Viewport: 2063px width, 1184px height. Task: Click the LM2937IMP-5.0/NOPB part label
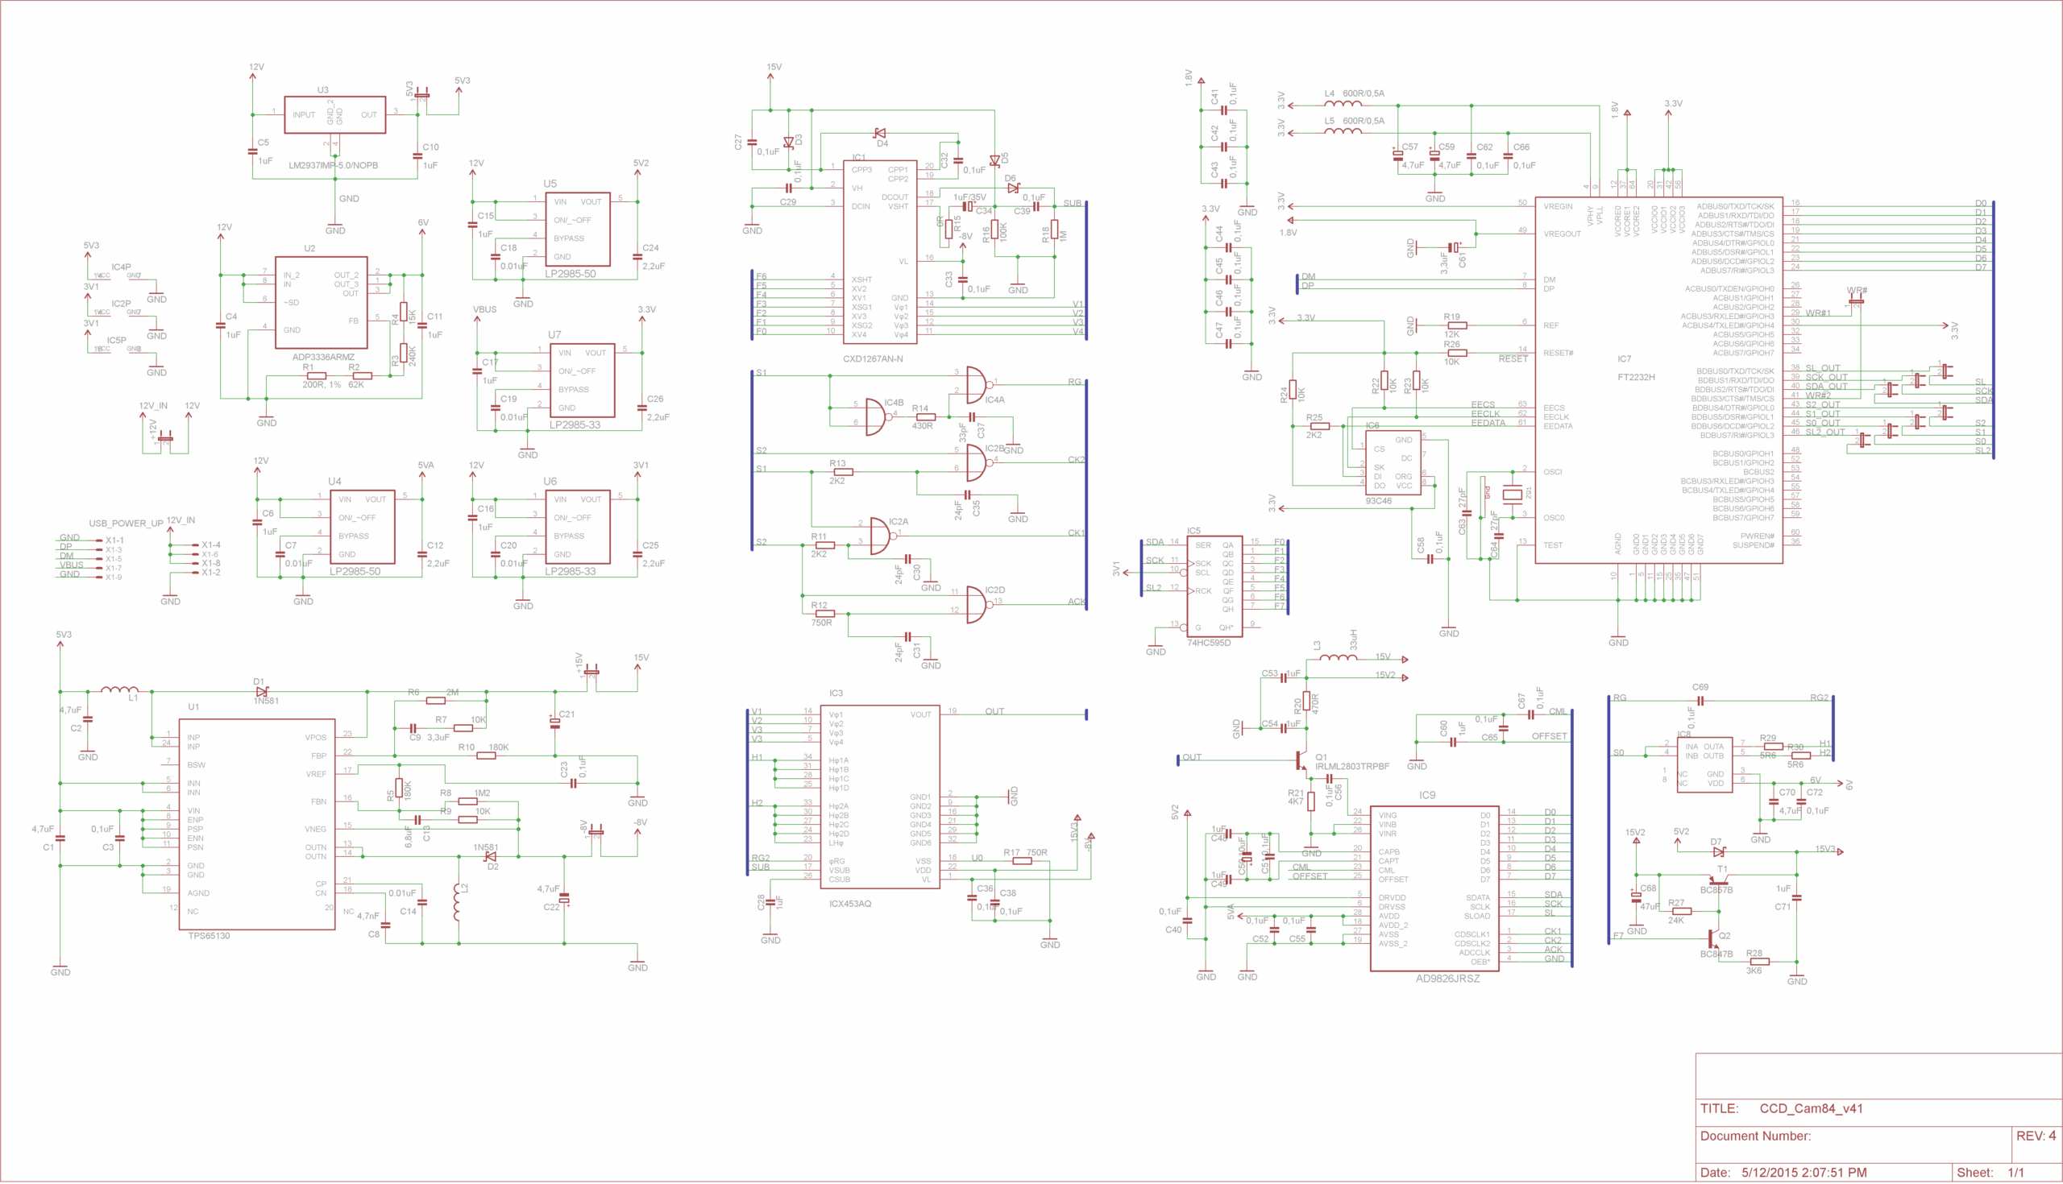coord(333,165)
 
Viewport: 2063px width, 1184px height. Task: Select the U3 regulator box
coord(334,114)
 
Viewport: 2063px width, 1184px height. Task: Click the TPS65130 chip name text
coord(209,935)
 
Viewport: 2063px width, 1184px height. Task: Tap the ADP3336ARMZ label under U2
coord(323,357)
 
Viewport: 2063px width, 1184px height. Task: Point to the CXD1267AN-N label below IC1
coord(873,358)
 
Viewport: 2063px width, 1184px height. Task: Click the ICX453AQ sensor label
coord(850,904)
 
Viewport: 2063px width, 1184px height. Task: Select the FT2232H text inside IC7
coord(1636,377)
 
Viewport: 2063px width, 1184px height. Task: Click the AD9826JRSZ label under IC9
coord(1447,979)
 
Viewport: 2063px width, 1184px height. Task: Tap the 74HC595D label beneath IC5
coord(1209,643)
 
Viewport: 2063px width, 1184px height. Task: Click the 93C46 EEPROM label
coord(1378,501)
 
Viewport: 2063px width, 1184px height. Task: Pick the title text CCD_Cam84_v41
coord(1811,1108)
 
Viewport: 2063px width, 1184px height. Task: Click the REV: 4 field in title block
coord(2036,1136)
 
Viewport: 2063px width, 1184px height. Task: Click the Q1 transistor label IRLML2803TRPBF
coord(1352,766)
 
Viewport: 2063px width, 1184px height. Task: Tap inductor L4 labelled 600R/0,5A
coord(1343,104)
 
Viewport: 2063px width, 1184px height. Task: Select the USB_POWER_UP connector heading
coord(126,523)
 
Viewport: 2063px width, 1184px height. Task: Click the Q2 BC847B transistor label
coord(1716,954)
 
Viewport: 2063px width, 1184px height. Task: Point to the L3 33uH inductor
coord(1338,656)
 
